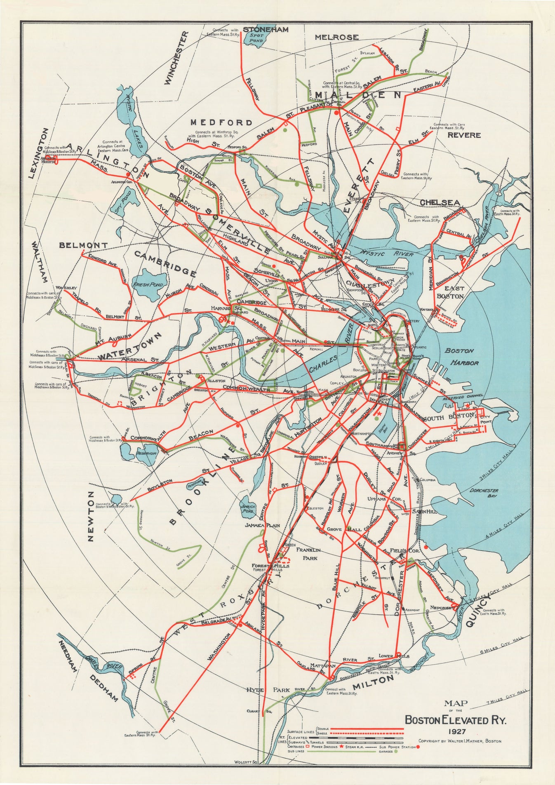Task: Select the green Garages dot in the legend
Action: tap(395, 752)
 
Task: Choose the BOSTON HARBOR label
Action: tap(461, 357)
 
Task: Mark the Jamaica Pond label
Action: tap(249, 509)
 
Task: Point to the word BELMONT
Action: tap(84, 245)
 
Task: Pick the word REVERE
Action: tap(464, 135)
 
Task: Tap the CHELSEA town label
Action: tap(440, 202)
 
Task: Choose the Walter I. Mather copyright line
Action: tap(460, 741)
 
